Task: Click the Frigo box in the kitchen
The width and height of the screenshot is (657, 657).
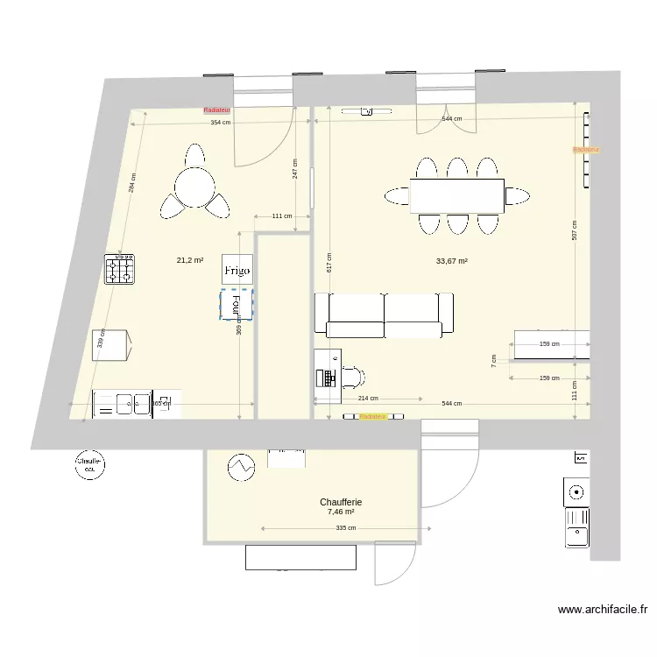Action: coord(237,271)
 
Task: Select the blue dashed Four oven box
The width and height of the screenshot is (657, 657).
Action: coord(236,304)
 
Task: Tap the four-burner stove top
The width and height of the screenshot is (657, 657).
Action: coord(120,269)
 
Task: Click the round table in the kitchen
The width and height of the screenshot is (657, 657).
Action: coord(194,186)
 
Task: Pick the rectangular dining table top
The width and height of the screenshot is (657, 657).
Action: coord(456,195)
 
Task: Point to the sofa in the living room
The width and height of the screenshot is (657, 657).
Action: coord(384,315)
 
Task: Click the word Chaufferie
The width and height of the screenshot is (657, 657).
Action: coord(341,503)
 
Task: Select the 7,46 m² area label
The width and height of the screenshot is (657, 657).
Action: coord(341,512)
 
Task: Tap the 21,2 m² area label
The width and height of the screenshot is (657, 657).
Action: coord(190,260)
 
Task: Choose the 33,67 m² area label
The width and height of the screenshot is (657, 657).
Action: coord(451,261)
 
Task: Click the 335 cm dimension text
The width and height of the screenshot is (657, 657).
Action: coord(345,528)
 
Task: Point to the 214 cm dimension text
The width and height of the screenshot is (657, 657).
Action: coord(368,399)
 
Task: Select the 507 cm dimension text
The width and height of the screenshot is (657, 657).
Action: coord(575,230)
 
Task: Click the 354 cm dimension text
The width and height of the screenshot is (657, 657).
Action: coord(221,123)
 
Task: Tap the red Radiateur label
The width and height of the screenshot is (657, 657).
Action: coord(216,110)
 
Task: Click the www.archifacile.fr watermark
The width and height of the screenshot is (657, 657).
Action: coord(602,611)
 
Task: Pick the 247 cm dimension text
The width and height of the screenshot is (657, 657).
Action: coord(295,169)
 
